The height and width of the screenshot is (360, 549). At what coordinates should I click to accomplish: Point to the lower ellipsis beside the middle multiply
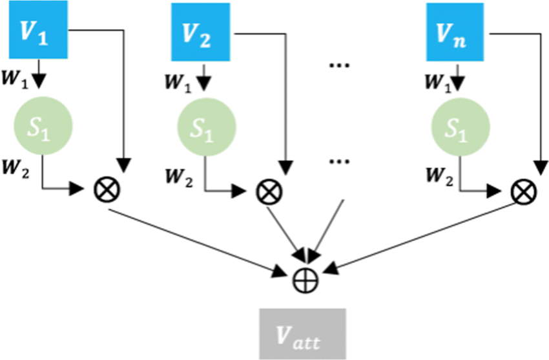click(x=338, y=164)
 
